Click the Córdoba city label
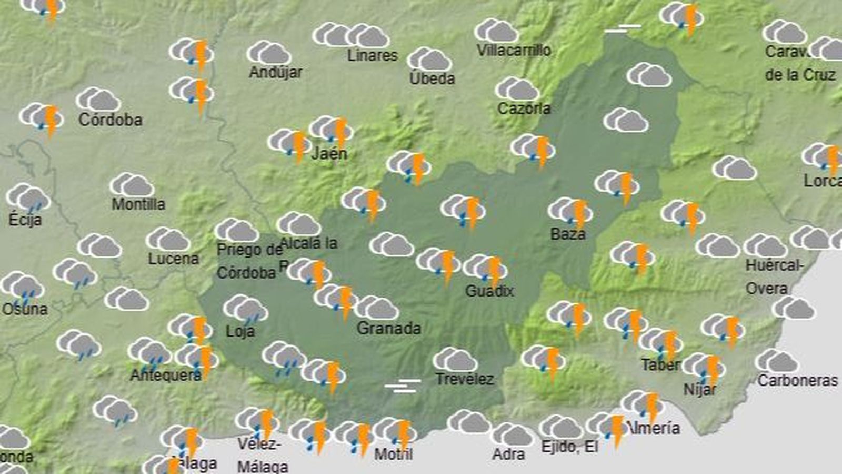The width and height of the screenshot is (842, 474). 111,120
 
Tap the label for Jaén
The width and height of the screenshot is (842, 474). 329,154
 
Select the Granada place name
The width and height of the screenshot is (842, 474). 389,329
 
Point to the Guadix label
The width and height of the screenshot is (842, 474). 489,291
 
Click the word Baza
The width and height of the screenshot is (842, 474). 568,234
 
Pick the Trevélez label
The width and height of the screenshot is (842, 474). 465,379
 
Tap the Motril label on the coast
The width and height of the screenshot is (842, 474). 393,454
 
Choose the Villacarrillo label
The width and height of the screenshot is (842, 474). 514,51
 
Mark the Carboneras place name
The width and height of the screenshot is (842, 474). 797,380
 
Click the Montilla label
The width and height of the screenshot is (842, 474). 138,204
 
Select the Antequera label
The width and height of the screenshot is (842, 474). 166,375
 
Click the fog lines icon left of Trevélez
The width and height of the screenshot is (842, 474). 403,386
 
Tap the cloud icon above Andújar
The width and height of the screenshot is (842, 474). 269,53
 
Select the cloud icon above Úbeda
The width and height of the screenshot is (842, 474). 429,60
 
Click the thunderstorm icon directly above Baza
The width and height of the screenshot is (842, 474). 571,212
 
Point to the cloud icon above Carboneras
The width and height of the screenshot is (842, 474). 777,361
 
